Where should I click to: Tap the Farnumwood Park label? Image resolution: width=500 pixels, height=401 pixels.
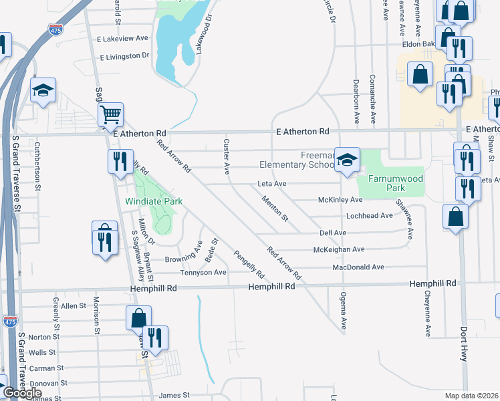click(x=390, y=179)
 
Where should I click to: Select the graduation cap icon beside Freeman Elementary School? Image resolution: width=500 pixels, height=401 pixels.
click(x=347, y=160)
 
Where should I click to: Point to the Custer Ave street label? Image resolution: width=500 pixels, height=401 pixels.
click(x=227, y=157)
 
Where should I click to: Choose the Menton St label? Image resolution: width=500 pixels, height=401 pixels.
click(x=275, y=208)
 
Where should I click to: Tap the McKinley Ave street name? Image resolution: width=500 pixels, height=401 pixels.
click(x=340, y=200)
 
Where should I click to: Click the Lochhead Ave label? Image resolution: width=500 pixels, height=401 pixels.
click(x=369, y=216)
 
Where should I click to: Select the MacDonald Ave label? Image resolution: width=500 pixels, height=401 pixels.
click(x=358, y=267)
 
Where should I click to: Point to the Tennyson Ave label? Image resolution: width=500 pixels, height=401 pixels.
click(x=203, y=273)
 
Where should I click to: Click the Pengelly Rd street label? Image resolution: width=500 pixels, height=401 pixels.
click(x=249, y=265)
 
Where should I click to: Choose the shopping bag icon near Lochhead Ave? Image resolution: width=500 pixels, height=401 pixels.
click(x=455, y=217)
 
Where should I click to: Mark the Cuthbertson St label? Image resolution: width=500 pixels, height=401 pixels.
click(x=38, y=157)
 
